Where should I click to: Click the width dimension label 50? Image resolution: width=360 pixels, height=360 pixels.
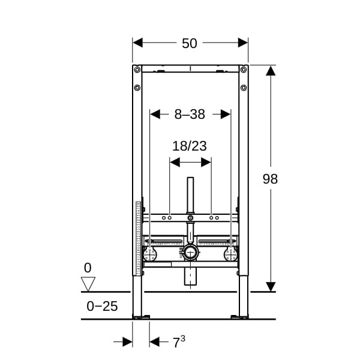(190, 43)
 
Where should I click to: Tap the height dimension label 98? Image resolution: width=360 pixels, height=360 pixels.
(270, 179)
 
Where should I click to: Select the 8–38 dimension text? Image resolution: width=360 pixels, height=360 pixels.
(190, 114)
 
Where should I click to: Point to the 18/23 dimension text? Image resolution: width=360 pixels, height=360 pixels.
(190, 146)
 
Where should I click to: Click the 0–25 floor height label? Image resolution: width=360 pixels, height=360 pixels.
(102, 306)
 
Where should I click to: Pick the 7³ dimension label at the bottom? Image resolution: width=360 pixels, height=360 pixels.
(179, 342)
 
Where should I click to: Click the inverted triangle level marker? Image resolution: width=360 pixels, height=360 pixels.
(88, 284)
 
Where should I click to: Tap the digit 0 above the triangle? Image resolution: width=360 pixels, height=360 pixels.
(88, 268)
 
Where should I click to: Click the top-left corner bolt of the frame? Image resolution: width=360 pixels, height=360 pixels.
(137, 70)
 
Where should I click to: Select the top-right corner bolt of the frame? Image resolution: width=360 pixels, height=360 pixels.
(244, 70)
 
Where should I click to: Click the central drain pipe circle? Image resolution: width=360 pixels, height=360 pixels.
(190, 253)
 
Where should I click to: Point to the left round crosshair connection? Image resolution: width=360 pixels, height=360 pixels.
(150, 254)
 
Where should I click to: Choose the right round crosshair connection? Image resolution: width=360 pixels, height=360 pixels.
(230, 254)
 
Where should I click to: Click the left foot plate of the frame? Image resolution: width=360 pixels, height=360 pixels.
(141, 317)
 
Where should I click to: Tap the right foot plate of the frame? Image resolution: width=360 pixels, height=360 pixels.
(239, 317)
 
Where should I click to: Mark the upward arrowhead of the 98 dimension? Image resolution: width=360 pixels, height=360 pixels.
(271, 70)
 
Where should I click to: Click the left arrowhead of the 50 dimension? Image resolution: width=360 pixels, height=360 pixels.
(138, 43)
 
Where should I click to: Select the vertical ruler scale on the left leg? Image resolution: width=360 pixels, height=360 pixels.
(139, 238)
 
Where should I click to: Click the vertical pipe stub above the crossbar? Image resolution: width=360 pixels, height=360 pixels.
(190, 196)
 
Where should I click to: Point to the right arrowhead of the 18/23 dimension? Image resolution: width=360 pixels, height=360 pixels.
(206, 163)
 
